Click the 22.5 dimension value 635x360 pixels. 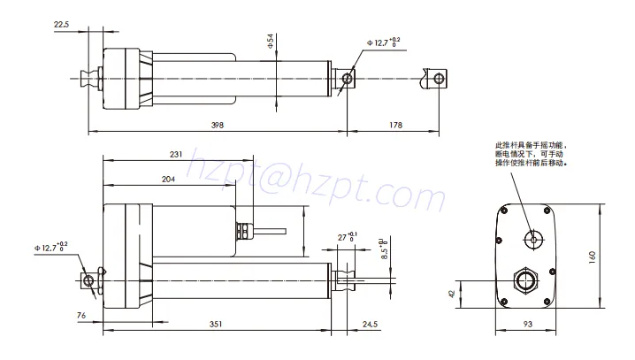(x=61, y=25)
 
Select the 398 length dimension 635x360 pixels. (x=218, y=126)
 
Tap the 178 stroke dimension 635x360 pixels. (x=395, y=126)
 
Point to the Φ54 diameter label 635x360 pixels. (x=269, y=41)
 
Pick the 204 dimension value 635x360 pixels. (x=168, y=179)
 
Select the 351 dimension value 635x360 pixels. (x=215, y=325)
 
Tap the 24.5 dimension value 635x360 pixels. (x=370, y=325)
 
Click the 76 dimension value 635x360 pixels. (x=80, y=314)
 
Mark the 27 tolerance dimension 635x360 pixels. (x=346, y=237)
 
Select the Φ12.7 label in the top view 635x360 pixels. (x=382, y=42)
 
